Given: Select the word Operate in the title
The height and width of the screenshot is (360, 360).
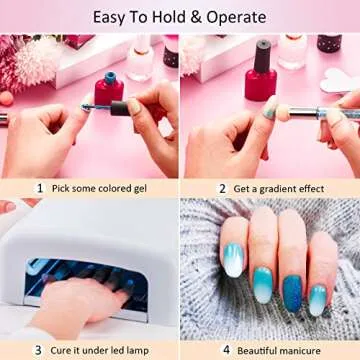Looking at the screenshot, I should (240, 17).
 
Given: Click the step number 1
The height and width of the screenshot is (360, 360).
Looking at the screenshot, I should (40, 187).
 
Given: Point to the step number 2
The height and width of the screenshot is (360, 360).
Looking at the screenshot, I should (222, 187).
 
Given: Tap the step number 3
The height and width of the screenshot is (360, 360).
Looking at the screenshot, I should (38, 350).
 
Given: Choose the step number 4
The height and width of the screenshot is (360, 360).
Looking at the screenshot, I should (226, 350).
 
